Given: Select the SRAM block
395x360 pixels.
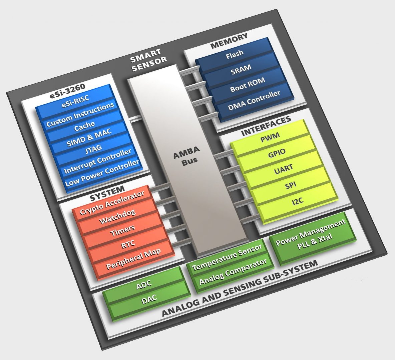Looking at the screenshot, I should click(241, 69).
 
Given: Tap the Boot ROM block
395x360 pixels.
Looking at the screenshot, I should click(248, 85).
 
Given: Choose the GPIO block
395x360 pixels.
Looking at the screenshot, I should click(277, 152).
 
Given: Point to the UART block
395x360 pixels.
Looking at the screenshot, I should click(284, 168).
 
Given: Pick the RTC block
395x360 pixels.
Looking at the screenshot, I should click(128, 243).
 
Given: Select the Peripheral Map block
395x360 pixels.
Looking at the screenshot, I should click(133, 259).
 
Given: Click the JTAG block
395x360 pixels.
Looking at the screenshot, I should click(93, 147).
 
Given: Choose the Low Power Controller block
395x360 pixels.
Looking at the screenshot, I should click(102, 173).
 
